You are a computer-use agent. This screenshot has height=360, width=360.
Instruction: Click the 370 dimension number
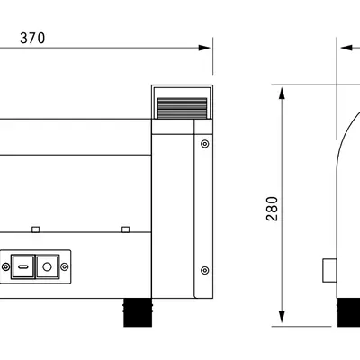[32, 38]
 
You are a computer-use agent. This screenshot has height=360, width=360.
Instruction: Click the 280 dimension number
[273, 209]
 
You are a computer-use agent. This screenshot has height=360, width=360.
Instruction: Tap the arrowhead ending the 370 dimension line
[204, 48]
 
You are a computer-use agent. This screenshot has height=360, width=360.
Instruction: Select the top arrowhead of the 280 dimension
[282, 94]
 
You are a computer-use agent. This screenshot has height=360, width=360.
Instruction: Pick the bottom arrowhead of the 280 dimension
[282, 317]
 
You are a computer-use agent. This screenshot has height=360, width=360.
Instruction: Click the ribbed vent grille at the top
[182, 108]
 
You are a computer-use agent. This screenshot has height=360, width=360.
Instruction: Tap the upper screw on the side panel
[204, 144]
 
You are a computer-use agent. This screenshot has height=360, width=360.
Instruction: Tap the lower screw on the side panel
[204, 270]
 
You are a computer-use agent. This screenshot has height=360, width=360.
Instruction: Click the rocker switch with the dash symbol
[22, 266]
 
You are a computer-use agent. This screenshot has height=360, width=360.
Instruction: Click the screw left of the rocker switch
[5, 266]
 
